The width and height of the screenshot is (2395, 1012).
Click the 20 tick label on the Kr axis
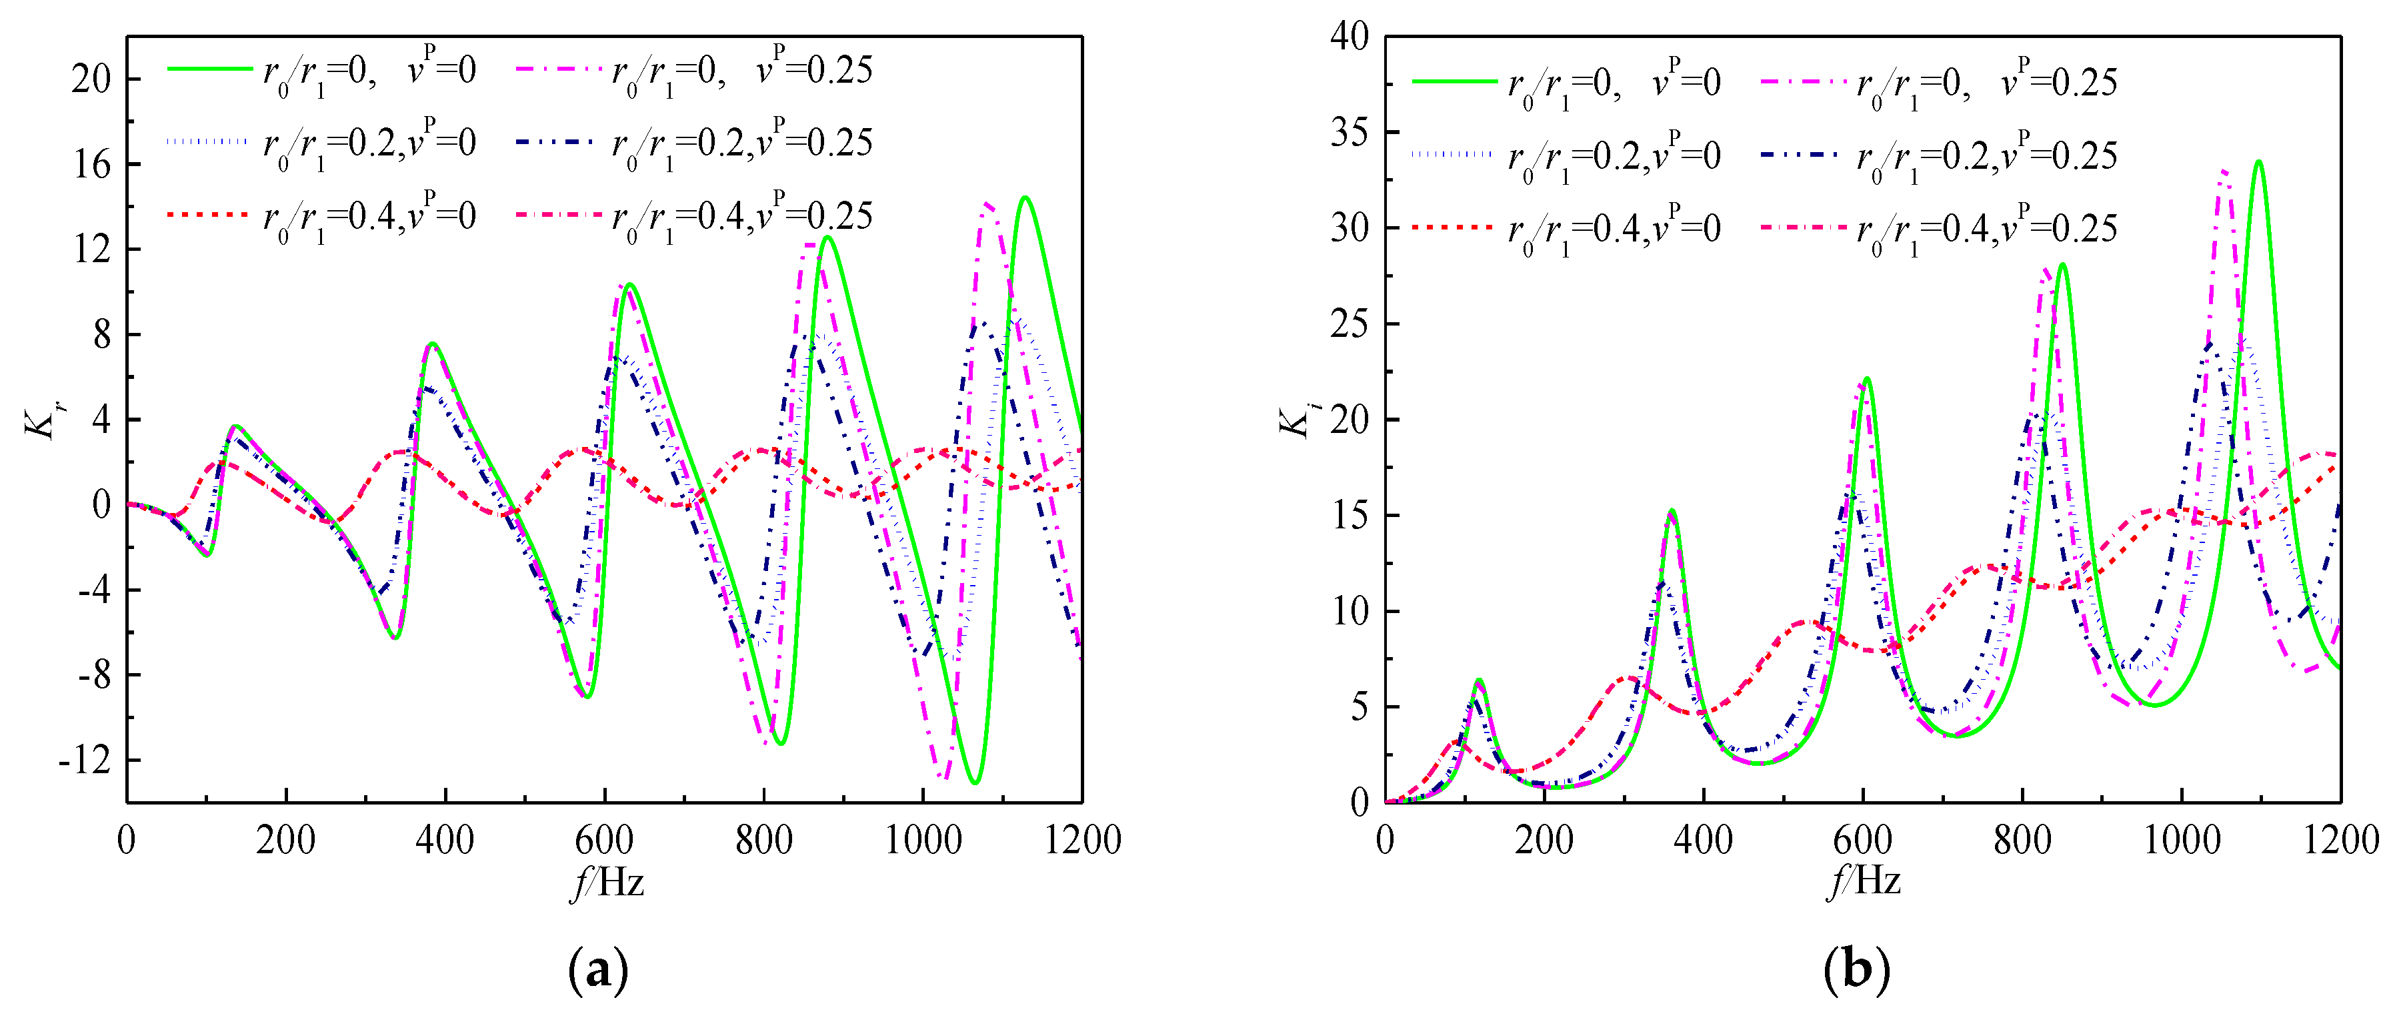point(91,79)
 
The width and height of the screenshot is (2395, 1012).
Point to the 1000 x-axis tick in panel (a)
point(922,840)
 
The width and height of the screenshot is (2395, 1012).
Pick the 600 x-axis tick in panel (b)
point(1862,840)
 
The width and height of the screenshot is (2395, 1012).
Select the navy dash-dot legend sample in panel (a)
point(554,142)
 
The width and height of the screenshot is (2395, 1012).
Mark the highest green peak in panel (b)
point(2258,162)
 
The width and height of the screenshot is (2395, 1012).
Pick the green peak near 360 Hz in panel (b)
point(1672,510)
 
